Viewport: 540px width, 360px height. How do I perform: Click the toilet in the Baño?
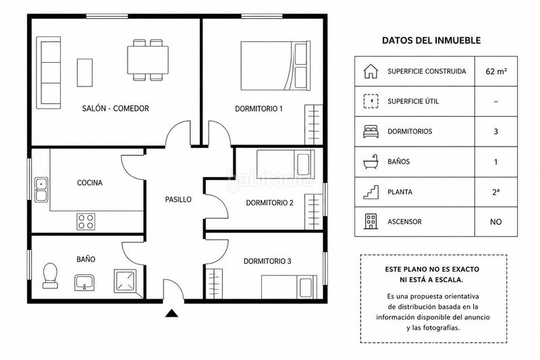point(50,276)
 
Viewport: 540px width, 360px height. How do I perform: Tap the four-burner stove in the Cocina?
point(86,222)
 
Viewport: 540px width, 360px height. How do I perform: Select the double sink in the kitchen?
point(41,190)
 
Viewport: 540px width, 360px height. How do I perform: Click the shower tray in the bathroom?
point(125,281)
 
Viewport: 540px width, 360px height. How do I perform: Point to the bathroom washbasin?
point(84,282)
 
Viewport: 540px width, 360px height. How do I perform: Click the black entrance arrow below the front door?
point(171,313)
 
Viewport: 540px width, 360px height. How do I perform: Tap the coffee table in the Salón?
point(85,72)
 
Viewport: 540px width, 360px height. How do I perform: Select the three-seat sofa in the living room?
point(49,73)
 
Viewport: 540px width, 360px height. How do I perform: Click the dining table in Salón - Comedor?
point(148,60)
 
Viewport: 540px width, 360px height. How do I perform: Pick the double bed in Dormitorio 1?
point(275,66)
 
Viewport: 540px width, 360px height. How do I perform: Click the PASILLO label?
point(178,199)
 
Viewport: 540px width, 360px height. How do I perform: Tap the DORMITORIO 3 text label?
point(267,261)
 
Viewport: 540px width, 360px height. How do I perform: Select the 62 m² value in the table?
point(496,72)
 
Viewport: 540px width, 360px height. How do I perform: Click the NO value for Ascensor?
point(496,222)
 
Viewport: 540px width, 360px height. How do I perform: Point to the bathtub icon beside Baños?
point(371,161)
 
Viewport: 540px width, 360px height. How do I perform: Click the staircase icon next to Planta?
point(371,192)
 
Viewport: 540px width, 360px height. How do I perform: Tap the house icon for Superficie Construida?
point(371,71)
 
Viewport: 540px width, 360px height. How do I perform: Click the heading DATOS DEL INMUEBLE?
point(431,41)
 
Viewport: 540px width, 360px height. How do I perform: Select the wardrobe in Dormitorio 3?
point(214,284)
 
